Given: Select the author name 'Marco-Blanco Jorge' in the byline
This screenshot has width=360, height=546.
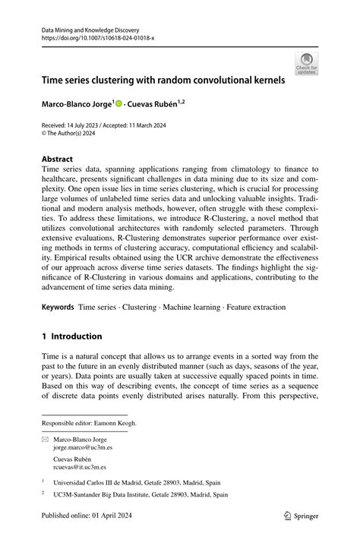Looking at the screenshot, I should coord(77,103).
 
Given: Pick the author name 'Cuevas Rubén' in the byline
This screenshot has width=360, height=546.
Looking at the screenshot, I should coord(155,103).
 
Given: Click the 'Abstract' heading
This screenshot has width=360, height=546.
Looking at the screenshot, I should coord(57,159).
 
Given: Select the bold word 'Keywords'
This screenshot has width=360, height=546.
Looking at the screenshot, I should coord(58,307).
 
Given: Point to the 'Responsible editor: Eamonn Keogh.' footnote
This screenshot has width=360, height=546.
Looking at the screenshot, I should coord(90,424).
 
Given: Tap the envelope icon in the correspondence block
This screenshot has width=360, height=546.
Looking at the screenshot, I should coord(44,440).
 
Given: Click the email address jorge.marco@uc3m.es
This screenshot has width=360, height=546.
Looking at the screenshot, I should coord(83,449).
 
